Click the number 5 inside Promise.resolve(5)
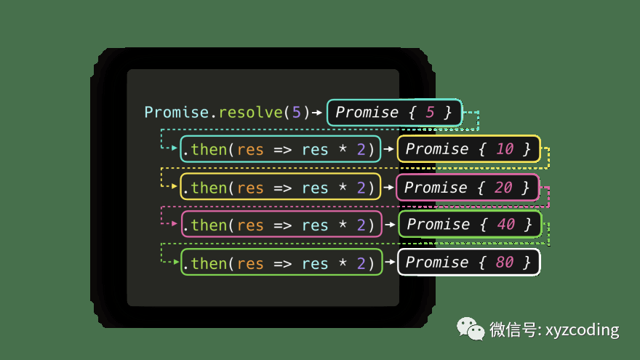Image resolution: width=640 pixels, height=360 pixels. [x=296, y=112]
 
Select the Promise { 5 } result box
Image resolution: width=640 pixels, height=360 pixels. [x=394, y=112]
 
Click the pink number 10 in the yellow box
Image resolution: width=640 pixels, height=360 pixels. [x=504, y=149]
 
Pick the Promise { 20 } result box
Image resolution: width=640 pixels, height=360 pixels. [x=467, y=188]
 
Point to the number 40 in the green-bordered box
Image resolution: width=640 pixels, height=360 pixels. [x=505, y=224]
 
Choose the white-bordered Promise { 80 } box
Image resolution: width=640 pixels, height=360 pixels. [x=468, y=262]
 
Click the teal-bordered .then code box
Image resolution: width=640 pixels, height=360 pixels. [x=280, y=149]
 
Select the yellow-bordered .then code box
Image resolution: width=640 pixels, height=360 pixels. [x=280, y=188]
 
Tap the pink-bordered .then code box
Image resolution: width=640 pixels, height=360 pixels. [x=281, y=224]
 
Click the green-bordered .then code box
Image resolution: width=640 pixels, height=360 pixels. [x=281, y=262]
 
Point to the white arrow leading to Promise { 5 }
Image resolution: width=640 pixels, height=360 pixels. [x=318, y=112]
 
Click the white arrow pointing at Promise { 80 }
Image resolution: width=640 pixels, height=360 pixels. [x=389, y=262]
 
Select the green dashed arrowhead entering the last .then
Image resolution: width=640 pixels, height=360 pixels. [x=174, y=261]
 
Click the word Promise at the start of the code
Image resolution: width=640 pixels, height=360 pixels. [x=176, y=112]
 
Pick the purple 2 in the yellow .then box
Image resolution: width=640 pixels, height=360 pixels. [x=361, y=188]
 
